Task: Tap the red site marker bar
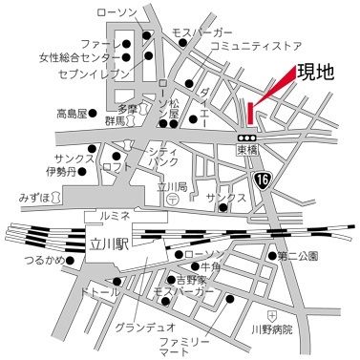[x=251, y=113]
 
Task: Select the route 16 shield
[x=263, y=181]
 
